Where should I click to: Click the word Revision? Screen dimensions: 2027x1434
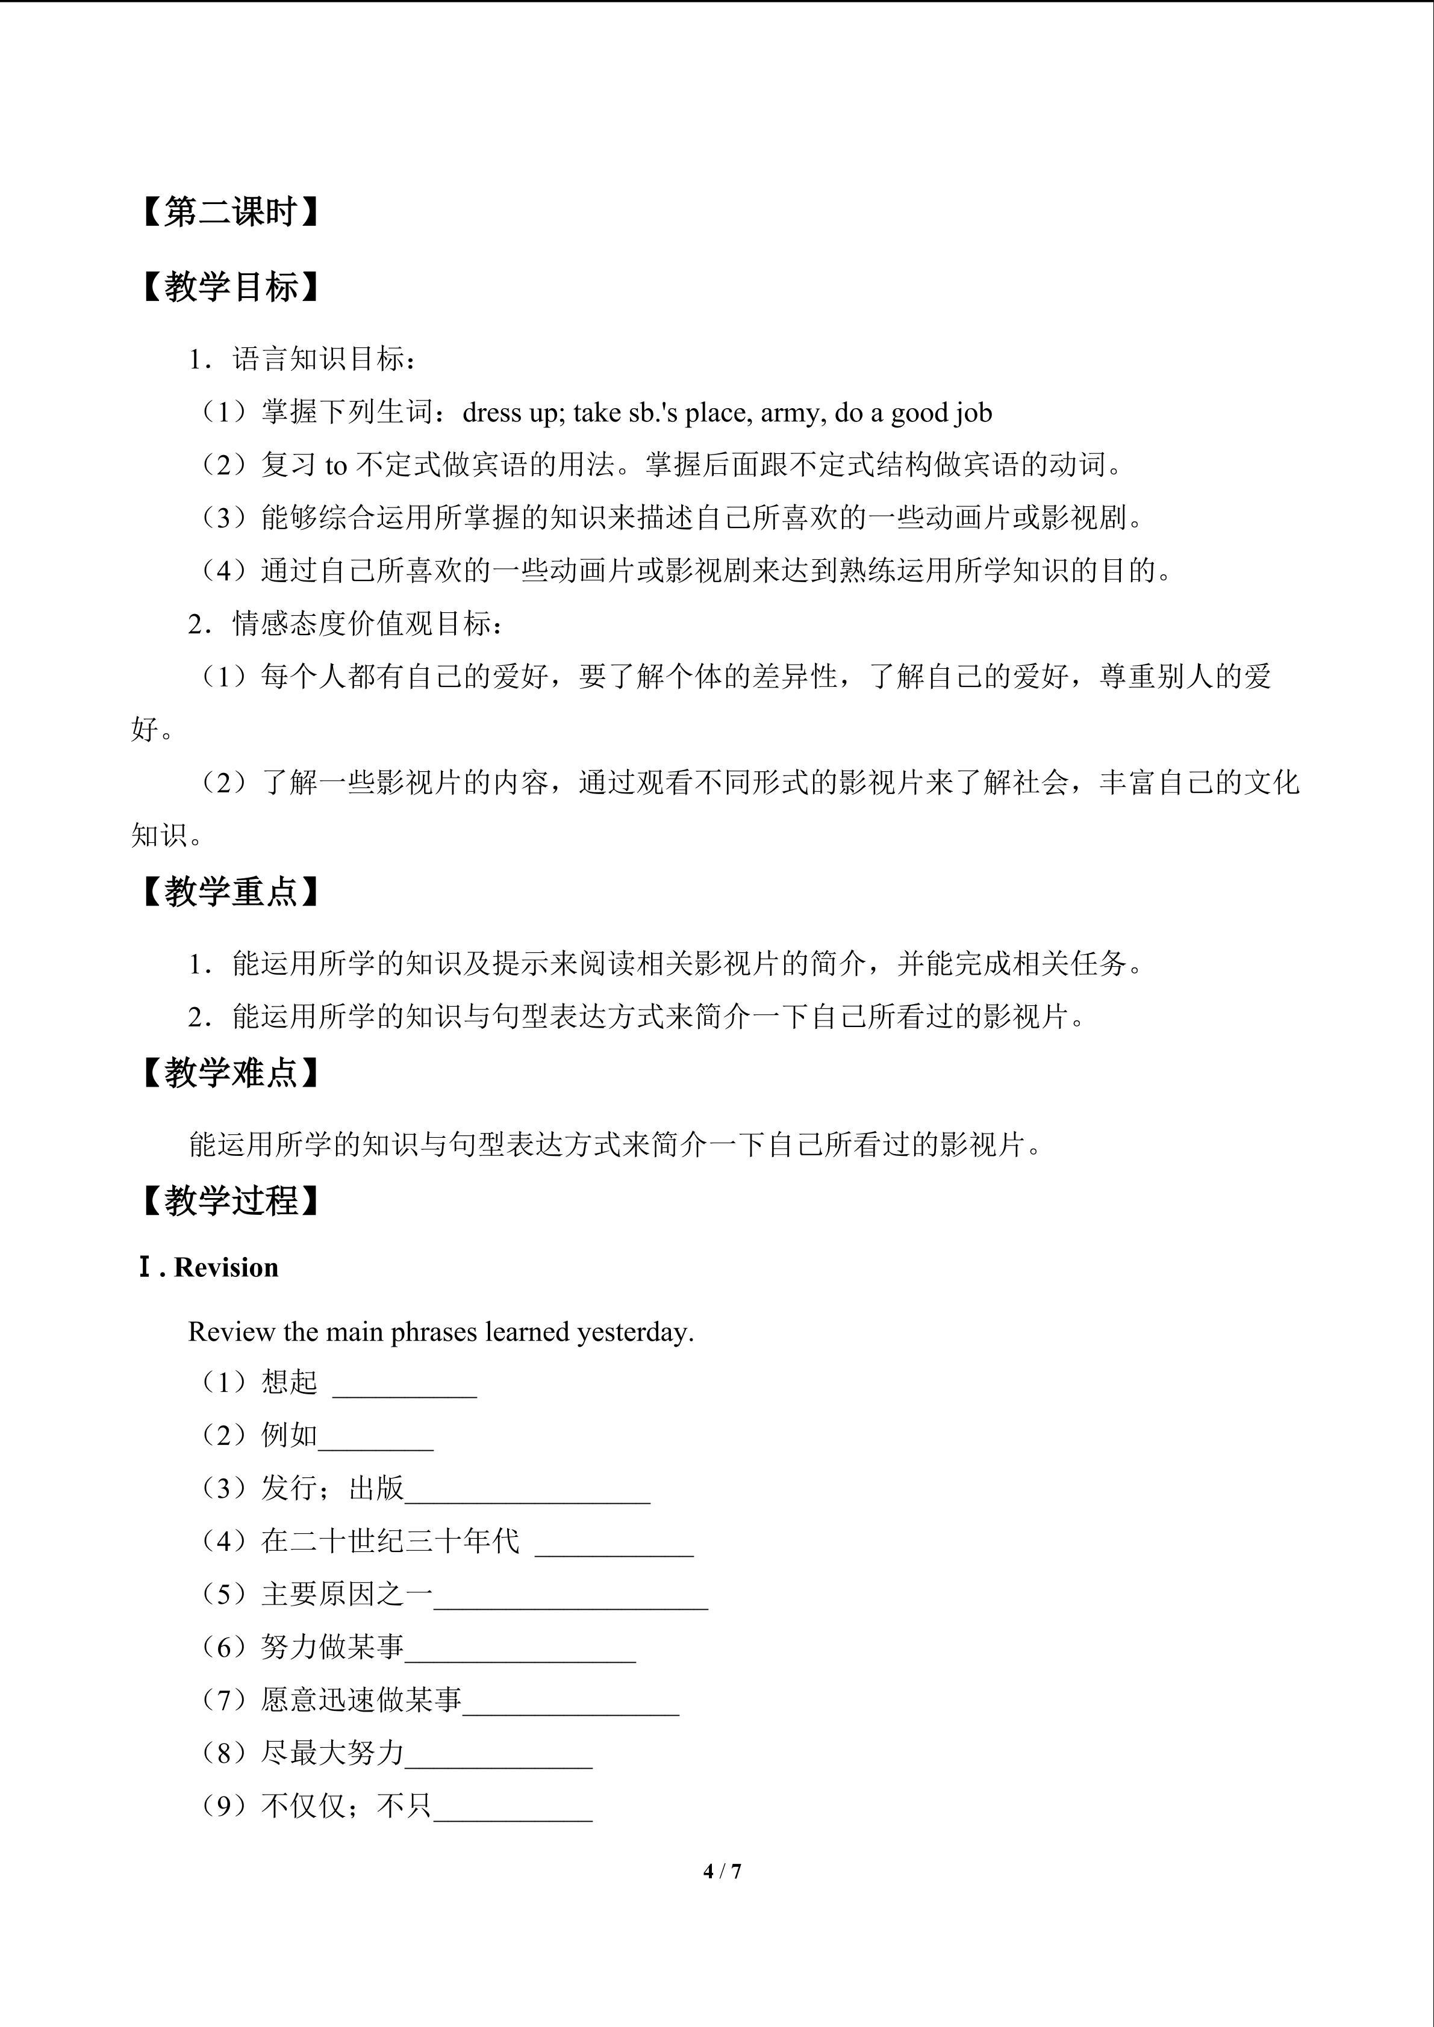tap(226, 1268)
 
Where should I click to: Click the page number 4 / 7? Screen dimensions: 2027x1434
tap(722, 1870)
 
